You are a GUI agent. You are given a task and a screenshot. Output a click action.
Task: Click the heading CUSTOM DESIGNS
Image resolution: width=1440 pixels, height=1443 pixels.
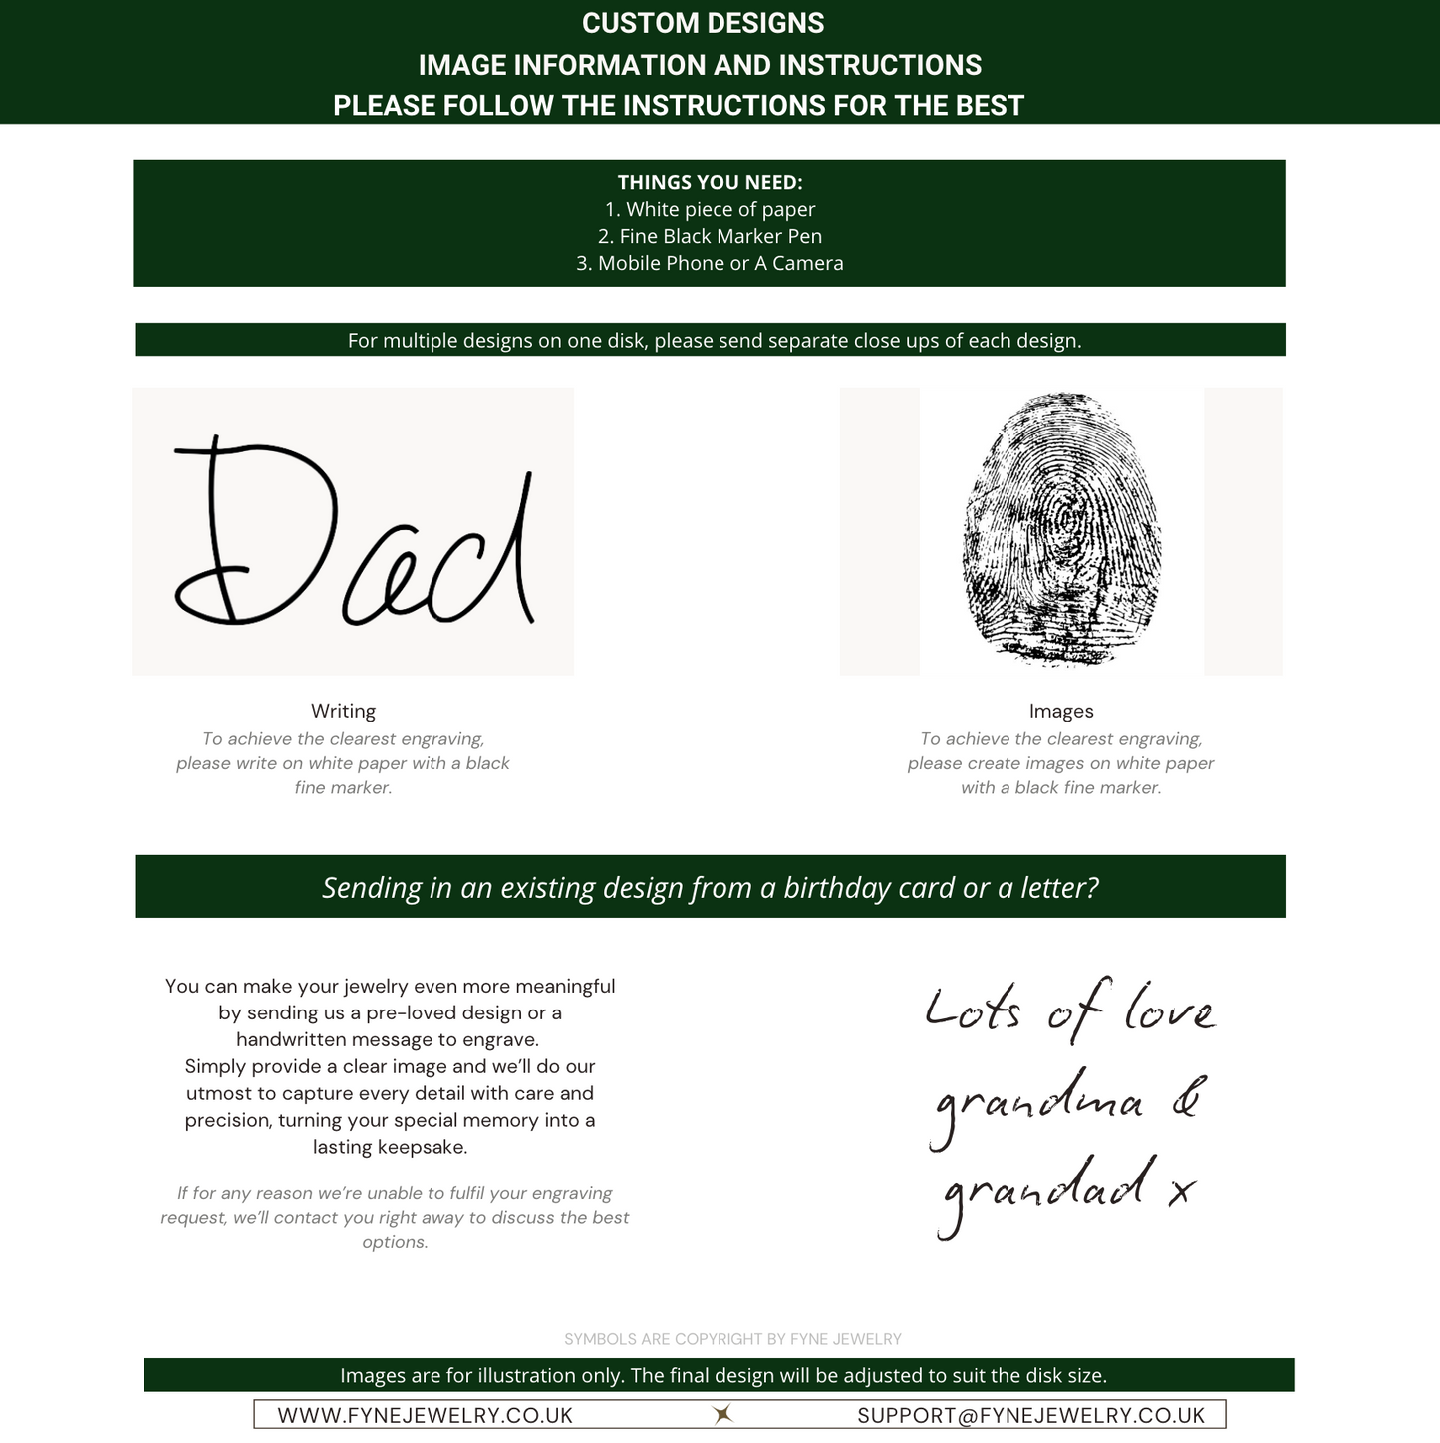[703, 23]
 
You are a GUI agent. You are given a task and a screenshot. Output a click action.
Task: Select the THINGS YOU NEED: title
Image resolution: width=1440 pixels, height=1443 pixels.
[710, 182]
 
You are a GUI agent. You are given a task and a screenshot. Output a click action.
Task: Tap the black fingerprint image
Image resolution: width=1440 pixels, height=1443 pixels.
[1060, 530]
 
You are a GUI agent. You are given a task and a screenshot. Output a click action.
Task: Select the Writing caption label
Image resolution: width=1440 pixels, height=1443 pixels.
[343, 711]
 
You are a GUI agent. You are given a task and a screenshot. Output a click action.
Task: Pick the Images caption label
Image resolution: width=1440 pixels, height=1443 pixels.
[1061, 711]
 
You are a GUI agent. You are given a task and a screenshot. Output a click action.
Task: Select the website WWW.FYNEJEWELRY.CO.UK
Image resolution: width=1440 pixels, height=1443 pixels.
[426, 1415]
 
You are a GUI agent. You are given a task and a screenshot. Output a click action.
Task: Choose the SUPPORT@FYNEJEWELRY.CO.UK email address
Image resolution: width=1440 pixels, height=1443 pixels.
[1031, 1415]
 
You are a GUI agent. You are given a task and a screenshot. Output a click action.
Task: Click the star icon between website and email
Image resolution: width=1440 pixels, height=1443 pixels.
[722, 1414]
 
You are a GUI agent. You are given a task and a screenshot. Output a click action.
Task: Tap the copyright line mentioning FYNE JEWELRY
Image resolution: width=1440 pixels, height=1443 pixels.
[732, 1339]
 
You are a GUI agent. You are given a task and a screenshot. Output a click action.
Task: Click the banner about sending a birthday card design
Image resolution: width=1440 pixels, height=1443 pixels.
[710, 887]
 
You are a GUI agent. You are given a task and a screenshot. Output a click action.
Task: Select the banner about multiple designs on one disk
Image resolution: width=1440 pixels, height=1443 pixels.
[714, 340]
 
